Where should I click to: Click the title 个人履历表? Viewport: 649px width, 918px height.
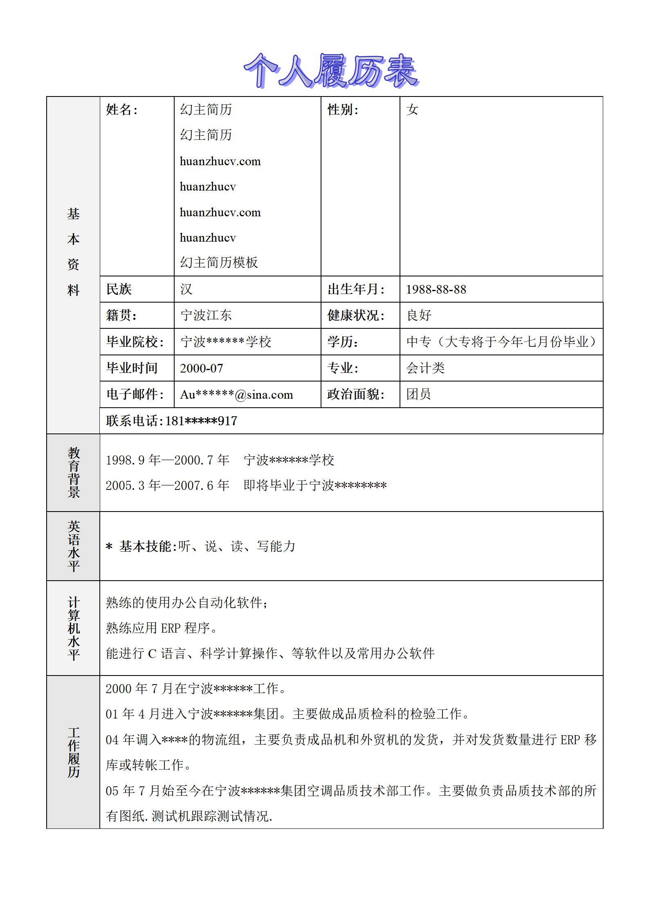click(331, 71)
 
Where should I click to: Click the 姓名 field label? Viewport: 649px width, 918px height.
click(121, 110)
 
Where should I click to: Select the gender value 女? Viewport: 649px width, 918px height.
click(412, 110)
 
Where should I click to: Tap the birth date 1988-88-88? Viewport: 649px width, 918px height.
click(436, 290)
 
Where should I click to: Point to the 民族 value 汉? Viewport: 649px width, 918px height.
click(186, 290)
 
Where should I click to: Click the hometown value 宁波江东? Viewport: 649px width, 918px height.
click(206, 315)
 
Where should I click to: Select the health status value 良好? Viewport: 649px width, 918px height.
click(419, 315)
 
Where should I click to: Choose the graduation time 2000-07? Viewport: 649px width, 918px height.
click(202, 368)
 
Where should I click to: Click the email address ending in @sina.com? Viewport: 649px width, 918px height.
click(236, 395)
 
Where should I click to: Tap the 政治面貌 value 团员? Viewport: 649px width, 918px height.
click(418, 395)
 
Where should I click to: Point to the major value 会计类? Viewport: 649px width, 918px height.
click(425, 368)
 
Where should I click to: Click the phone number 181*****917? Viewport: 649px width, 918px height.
click(201, 421)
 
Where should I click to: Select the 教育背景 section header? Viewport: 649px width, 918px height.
click(74, 472)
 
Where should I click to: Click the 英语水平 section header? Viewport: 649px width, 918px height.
click(74, 546)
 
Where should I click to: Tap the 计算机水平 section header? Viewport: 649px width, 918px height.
click(74, 628)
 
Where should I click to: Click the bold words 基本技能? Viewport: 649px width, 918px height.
click(148, 546)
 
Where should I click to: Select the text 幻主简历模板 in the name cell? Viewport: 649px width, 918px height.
click(219, 263)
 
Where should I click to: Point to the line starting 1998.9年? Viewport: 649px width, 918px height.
click(220, 460)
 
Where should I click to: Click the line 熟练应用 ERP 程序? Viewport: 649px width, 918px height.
click(162, 628)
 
